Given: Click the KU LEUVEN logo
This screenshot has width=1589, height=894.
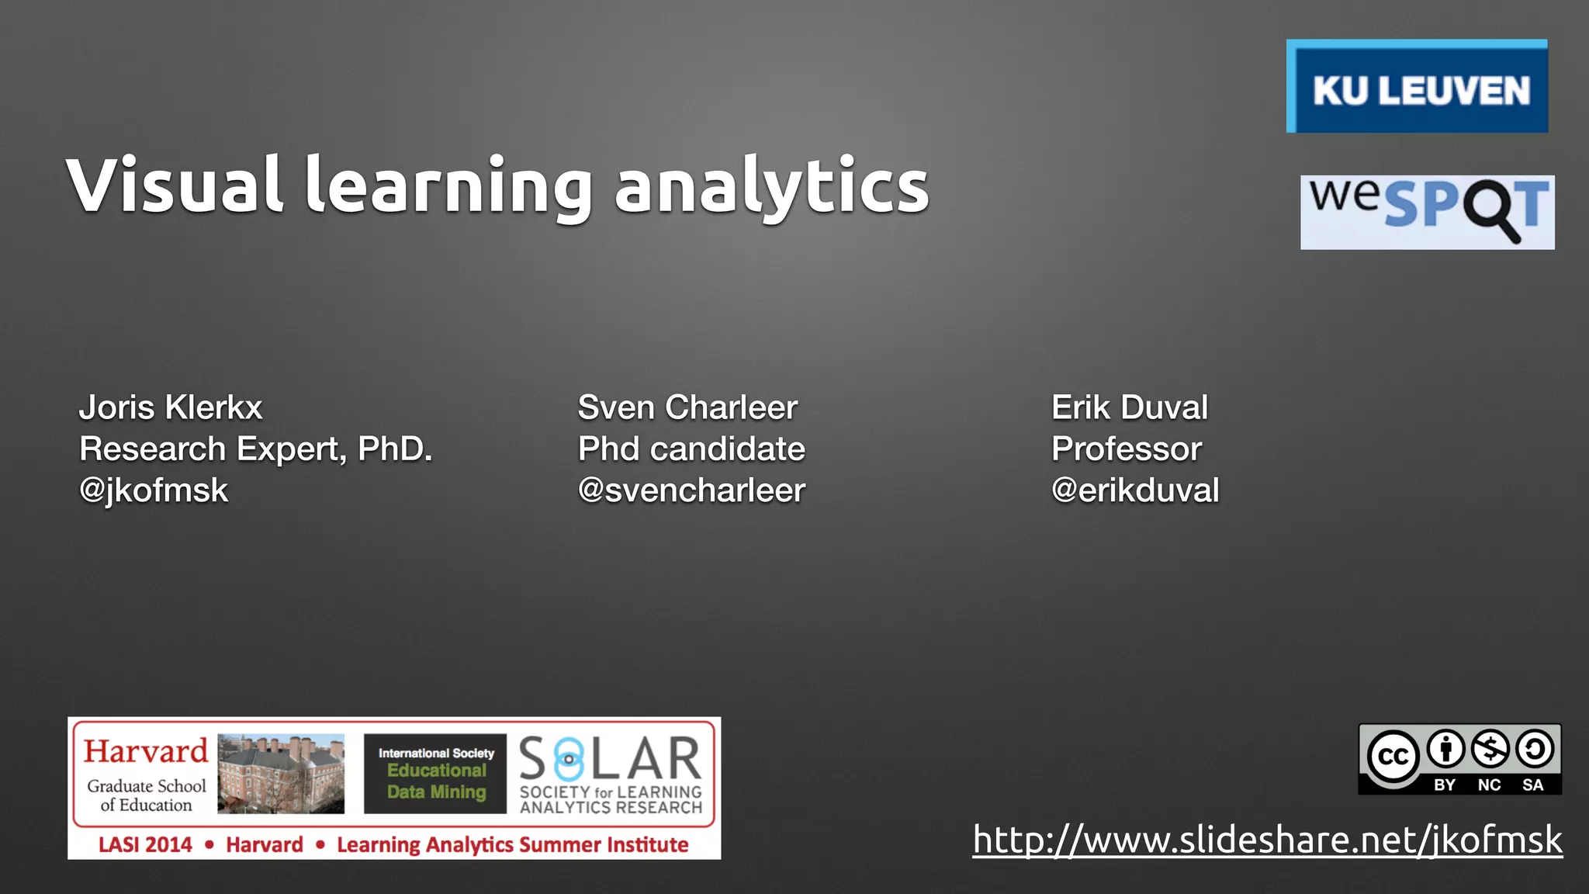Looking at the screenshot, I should click(1417, 87).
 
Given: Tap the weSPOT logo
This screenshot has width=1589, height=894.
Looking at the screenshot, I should click(1427, 212).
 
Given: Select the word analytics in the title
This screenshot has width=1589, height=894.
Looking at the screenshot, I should click(771, 186).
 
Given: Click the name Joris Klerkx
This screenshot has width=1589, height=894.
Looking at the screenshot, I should click(171, 407).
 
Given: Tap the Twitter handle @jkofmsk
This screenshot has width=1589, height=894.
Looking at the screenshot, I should click(154, 490).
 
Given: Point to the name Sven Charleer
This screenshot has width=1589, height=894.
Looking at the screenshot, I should click(687, 407).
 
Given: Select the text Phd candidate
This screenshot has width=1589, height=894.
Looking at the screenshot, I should click(691, 449).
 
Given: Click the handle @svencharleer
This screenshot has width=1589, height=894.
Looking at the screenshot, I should click(691, 490).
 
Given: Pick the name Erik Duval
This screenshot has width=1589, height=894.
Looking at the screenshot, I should click(1129, 407).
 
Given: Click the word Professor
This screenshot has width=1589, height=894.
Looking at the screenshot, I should click(1126, 449).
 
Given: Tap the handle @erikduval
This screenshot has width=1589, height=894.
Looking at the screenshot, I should click(1134, 490).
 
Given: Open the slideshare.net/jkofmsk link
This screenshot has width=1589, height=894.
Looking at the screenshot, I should click(1267, 840).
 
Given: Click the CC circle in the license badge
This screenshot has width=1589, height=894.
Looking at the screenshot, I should click(1393, 757).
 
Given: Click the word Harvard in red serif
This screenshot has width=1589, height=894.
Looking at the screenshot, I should click(146, 751).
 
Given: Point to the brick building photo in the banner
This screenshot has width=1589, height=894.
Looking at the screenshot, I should click(281, 774).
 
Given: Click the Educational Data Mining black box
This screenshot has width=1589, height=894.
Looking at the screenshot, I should click(435, 773).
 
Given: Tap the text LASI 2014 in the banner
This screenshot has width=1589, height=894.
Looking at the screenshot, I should click(145, 844).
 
